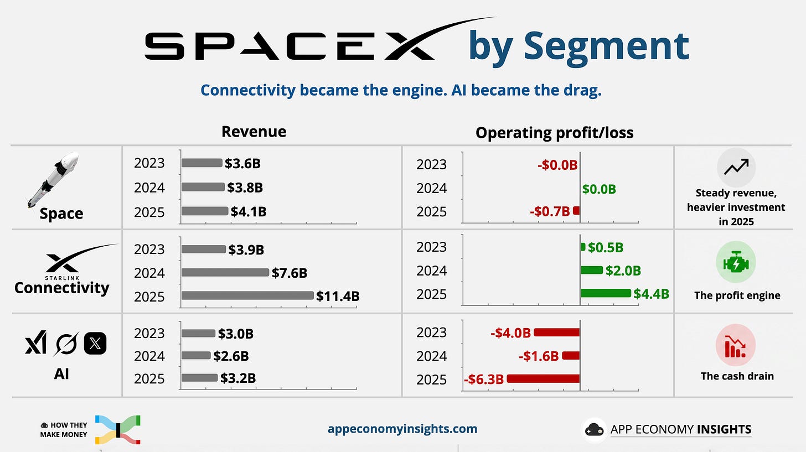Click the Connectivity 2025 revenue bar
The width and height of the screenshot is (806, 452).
pyautogui.click(x=247, y=295)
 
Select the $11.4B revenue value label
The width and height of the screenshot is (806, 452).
pyautogui.click(x=338, y=297)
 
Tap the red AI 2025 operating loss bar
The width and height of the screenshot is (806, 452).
pyautogui.click(x=544, y=378)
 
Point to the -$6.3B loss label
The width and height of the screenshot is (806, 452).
pyautogui.click(x=484, y=380)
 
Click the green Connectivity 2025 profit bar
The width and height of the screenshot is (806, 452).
pyautogui.click(x=606, y=293)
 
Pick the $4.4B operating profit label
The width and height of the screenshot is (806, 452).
pyautogui.click(x=651, y=294)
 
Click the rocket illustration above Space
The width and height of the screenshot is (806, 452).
pyautogui.click(x=53, y=180)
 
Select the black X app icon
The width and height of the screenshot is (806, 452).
pyautogui.click(x=95, y=344)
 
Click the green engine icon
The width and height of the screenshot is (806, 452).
pyautogui.click(x=736, y=262)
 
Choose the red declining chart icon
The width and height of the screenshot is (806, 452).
pyautogui.click(x=736, y=345)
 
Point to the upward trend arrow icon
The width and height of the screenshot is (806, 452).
pyautogui.click(x=736, y=167)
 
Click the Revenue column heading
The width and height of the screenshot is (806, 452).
pyautogui.click(x=254, y=132)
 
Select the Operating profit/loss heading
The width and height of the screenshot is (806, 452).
pyautogui.click(x=555, y=133)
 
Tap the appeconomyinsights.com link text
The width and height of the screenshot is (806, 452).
pyautogui.click(x=402, y=429)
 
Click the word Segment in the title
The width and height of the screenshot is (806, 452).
pyautogui.click(x=606, y=46)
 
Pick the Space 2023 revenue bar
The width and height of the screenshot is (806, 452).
pyautogui.click(x=202, y=163)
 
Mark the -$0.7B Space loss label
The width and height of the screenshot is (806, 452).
pyautogui.click(x=550, y=211)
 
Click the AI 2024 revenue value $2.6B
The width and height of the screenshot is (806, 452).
pyautogui.click(x=231, y=356)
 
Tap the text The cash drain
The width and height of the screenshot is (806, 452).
pyautogui.click(x=737, y=376)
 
